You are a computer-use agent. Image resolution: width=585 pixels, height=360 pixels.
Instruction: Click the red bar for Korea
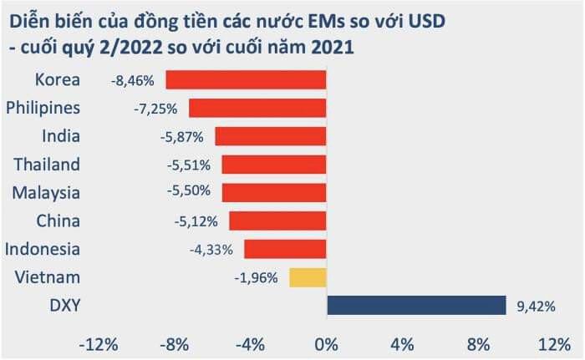pyautogui.click(x=246, y=80)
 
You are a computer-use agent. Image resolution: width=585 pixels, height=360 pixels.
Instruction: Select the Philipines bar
pyautogui.click(x=257, y=109)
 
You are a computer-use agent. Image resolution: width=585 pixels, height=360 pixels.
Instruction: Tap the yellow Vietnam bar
pyautogui.click(x=308, y=277)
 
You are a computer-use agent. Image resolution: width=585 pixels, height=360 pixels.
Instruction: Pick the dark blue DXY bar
pyautogui.click(x=416, y=305)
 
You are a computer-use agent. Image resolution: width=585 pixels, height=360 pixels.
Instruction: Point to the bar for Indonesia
pyautogui.click(x=285, y=249)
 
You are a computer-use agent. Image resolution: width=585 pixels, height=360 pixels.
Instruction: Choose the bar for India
pyautogui.click(x=271, y=136)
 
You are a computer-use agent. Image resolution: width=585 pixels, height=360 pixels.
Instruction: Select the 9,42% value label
pyautogui.click(x=536, y=306)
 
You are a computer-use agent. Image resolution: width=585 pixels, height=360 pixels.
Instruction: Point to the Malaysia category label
pyautogui.click(x=46, y=193)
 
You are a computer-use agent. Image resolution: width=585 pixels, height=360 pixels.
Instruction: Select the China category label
pyautogui.click(x=58, y=221)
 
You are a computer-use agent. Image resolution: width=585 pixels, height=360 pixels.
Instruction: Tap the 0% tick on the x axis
pyautogui.click(x=326, y=344)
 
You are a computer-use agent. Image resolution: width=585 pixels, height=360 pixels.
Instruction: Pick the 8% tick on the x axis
pyautogui.click(x=477, y=344)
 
